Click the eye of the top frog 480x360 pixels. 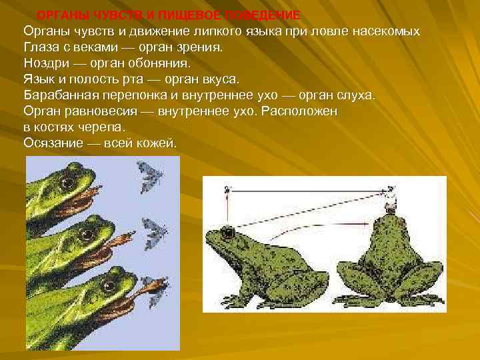(66, 181)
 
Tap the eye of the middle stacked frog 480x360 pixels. (85, 235)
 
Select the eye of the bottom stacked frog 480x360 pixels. (106, 286)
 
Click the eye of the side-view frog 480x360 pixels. (229, 233)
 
